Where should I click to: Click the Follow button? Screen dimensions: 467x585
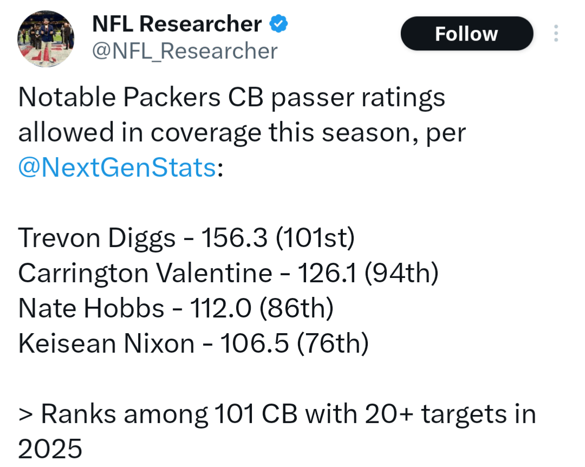pyautogui.click(x=466, y=34)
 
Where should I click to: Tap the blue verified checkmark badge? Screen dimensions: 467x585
pyautogui.click(x=278, y=24)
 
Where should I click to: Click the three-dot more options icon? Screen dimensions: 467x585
pyautogui.click(x=556, y=34)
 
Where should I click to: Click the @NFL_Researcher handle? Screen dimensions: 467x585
pyautogui.click(x=184, y=51)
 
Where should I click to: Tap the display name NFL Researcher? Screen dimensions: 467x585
pyautogui.click(x=177, y=24)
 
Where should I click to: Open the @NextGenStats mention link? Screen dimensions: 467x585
pyautogui.click(x=117, y=168)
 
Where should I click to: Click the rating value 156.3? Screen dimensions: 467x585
pyautogui.click(x=234, y=238)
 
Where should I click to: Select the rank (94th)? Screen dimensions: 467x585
pyautogui.click(x=401, y=273)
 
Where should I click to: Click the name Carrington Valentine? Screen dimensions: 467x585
pyautogui.click(x=145, y=273)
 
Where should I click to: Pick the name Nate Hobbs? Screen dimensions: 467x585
pyautogui.click(x=91, y=308)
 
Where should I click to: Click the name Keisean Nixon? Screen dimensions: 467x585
pyautogui.click(x=106, y=343)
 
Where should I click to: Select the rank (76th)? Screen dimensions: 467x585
pyautogui.click(x=333, y=343)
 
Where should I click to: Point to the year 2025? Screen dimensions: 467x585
pyautogui.click(x=50, y=449)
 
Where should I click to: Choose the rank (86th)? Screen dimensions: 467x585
pyautogui.click(x=296, y=308)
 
